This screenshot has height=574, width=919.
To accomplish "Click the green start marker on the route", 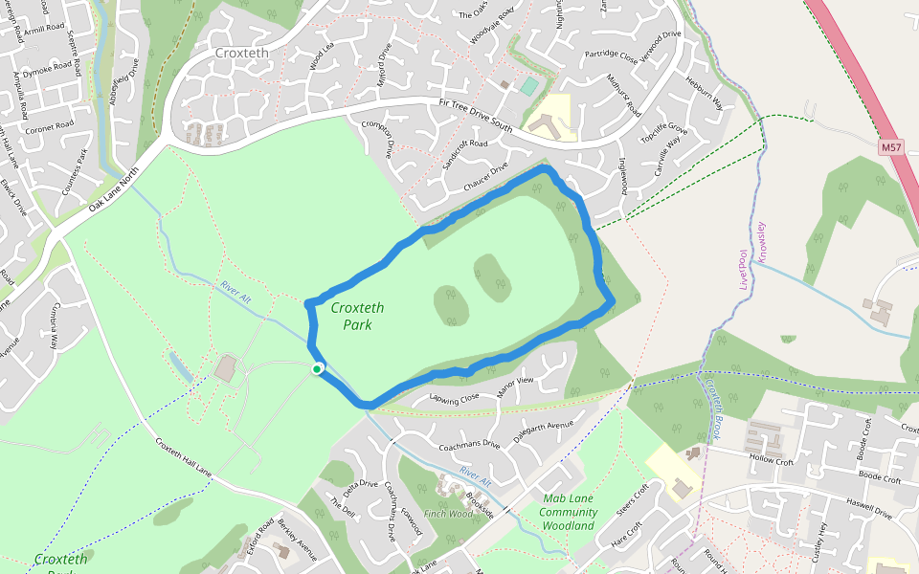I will click(x=317, y=368).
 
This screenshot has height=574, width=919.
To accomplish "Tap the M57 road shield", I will click(x=891, y=147).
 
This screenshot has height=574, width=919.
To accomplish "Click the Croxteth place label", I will click(x=242, y=54).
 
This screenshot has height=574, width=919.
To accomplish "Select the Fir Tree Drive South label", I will click(x=477, y=115).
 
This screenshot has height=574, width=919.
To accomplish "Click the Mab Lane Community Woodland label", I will click(x=569, y=512).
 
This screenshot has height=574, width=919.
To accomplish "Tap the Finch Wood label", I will click(x=449, y=514).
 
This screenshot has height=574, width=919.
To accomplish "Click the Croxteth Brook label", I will click(x=714, y=410).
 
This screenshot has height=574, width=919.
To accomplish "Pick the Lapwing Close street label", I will click(x=454, y=397).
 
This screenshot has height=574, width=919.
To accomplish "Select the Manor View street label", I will click(x=515, y=387).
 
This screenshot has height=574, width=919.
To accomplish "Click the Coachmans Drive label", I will click(x=469, y=444).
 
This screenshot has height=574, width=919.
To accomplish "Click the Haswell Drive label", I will click(x=869, y=508).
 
